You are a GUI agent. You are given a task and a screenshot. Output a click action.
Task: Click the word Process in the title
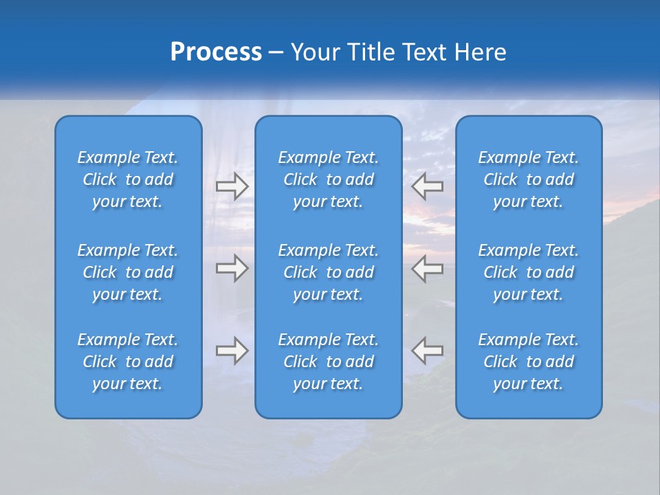pos(216,52)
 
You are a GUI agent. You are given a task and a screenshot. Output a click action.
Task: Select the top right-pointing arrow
pos(232,186)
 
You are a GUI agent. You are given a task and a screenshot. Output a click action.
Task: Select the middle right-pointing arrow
pos(232,268)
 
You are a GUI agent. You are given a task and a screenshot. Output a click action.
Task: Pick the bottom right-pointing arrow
pos(232,351)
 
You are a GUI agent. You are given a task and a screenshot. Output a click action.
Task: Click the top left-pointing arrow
pos(428,186)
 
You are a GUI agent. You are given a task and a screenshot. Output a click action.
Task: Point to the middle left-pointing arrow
pos(428,268)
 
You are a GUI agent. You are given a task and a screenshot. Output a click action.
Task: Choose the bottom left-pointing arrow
pos(428,351)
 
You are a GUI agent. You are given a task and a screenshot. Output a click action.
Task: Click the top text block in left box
pos(128,179)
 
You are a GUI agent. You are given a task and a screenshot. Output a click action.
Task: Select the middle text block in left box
pos(128,272)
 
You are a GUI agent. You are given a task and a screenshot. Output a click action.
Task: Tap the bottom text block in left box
pos(128,362)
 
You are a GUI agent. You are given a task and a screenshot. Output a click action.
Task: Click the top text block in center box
pos(329,179)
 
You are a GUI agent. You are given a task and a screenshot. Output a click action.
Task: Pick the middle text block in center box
pos(329,272)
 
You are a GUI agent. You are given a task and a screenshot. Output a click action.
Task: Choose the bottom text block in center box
pos(329,362)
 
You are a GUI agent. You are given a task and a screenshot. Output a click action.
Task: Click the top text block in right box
pos(529,179)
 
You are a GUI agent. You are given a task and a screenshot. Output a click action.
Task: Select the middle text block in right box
pos(529,272)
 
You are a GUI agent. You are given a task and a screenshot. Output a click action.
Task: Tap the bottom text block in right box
pos(529,362)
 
